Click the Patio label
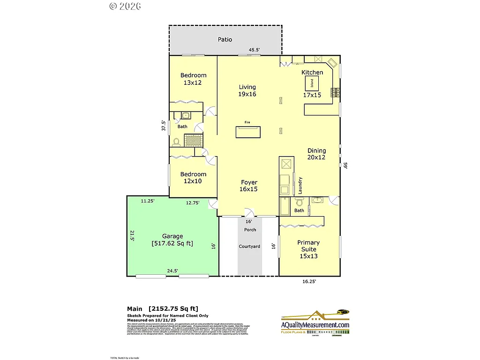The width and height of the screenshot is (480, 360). pyautogui.click(x=225, y=39)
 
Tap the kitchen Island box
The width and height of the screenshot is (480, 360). pyautogui.click(x=312, y=84)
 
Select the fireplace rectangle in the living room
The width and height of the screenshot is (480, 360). pyautogui.click(x=248, y=132)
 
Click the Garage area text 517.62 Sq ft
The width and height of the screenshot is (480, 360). pyautogui.click(x=172, y=244)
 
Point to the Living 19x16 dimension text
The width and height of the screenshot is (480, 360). pyautogui.click(x=247, y=94)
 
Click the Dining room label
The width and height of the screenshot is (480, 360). pyautogui.click(x=316, y=150)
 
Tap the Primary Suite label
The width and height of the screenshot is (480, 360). pyautogui.click(x=308, y=246)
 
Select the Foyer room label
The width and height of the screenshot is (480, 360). pyautogui.click(x=249, y=182)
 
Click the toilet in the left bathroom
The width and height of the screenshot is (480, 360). pyautogui.click(x=177, y=141)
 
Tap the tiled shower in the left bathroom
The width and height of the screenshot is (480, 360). pyautogui.click(x=193, y=141)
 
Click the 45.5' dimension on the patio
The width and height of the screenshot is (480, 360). pyautogui.click(x=254, y=50)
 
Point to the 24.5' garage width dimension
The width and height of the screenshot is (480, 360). pyautogui.click(x=172, y=270)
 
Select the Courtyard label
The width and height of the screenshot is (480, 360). pyautogui.click(x=249, y=247)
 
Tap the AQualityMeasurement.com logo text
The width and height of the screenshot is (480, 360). pyautogui.click(x=315, y=325)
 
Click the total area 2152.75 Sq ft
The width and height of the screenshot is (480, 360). pyautogui.click(x=173, y=308)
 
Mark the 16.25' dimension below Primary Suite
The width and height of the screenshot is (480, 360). pyautogui.click(x=308, y=282)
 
